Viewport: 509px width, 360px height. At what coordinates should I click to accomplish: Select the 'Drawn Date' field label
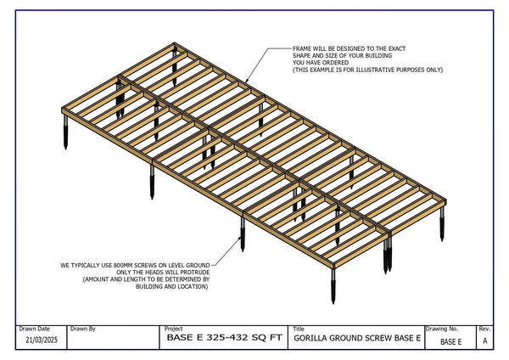coord(34,328)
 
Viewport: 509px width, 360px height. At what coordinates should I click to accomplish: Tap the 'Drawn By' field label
coord(82,328)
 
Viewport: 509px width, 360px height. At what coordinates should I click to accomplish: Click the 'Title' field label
coord(298,328)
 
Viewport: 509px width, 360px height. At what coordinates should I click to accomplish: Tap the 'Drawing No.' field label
coord(442,328)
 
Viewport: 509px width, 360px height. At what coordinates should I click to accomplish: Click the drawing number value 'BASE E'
coord(450,341)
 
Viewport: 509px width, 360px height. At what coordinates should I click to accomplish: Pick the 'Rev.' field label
coord(484,328)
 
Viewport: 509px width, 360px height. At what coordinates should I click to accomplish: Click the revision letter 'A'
coord(484,340)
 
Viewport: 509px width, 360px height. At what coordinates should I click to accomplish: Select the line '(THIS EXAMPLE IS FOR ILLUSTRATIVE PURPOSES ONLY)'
coord(367,70)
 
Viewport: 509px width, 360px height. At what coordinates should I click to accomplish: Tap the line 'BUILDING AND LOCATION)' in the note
coord(171,286)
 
